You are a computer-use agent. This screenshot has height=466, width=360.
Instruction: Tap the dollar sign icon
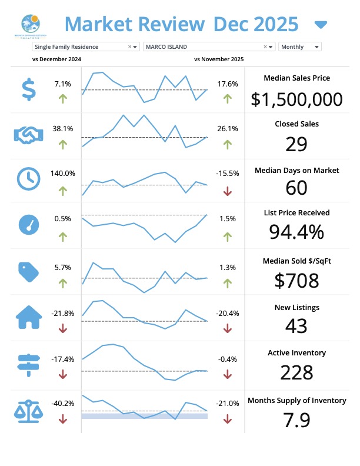tap(28, 89)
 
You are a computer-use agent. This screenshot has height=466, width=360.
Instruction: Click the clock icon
tap(28, 178)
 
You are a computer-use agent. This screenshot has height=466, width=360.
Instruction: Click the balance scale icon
tap(27, 410)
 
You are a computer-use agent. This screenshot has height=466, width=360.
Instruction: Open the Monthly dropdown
tap(300, 46)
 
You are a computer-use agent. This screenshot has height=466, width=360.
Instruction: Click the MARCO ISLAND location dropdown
tap(209, 46)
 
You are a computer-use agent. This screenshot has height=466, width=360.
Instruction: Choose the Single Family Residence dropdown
tap(85, 46)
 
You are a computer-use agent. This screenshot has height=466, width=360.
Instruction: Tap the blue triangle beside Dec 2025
tap(321, 24)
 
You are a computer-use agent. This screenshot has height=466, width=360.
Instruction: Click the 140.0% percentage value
tap(63, 173)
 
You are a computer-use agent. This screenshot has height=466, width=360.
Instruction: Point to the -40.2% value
tap(63, 403)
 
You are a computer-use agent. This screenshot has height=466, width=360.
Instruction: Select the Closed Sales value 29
tap(296, 144)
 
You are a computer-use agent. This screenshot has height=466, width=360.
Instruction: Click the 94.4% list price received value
tap(296, 232)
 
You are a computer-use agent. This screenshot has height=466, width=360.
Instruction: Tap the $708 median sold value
tap(296, 281)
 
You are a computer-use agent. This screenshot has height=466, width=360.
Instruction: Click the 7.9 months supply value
tap(296, 420)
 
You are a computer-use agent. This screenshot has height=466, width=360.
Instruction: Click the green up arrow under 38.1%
tap(63, 145)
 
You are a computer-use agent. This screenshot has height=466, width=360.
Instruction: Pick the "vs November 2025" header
tap(219, 59)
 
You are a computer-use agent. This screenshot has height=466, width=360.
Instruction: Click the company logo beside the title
tap(30, 25)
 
